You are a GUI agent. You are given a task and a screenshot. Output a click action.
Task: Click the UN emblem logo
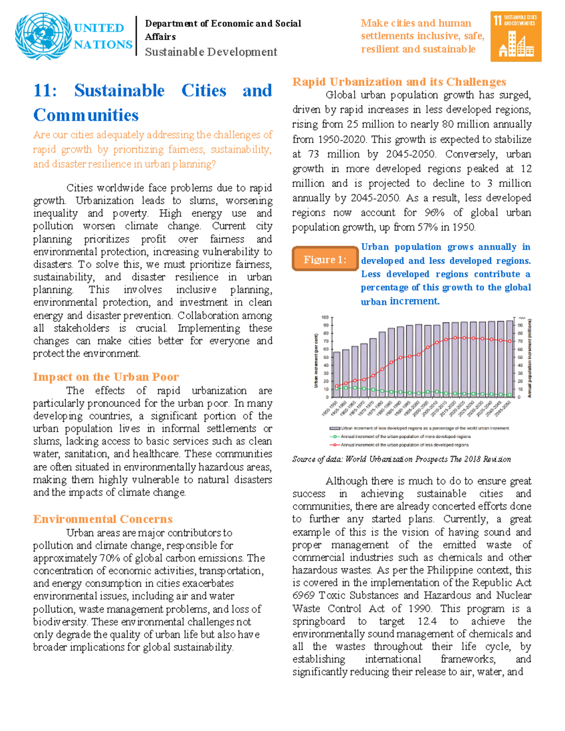click(x=43, y=36)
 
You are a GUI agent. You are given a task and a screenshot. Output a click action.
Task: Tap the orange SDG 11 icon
click(x=516, y=36)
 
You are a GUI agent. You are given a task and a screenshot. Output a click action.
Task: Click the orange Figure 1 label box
click(x=325, y=259)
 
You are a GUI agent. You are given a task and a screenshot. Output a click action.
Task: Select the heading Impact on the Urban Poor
click(x=105, y=377)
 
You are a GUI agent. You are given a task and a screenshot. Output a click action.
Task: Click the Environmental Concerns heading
click(x=103, y=519)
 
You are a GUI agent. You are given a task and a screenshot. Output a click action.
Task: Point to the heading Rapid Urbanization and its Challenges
click(x=399, y=82)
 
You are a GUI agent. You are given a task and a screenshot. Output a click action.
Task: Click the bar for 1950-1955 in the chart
click(x=336, y=374)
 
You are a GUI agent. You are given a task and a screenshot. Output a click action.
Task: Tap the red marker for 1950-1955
click(x=336, y=386)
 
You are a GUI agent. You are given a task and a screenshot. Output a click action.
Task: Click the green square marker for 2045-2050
click(x=509, y=395)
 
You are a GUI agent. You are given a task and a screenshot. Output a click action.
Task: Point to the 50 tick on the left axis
click(x=325, y=357)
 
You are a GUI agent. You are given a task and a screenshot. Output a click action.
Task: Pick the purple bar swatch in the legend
click(x=334, y=428)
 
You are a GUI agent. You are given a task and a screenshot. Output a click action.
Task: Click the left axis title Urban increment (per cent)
click(x=316, y=361)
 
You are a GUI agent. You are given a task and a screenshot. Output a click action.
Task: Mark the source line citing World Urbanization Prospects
click(x=401, y=459)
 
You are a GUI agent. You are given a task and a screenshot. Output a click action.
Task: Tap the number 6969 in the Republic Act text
click(x=303, y=595)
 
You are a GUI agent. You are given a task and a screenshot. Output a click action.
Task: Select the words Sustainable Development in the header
click(x=210, y=52)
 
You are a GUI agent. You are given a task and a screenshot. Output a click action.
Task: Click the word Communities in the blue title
click(x=86, y=115)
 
